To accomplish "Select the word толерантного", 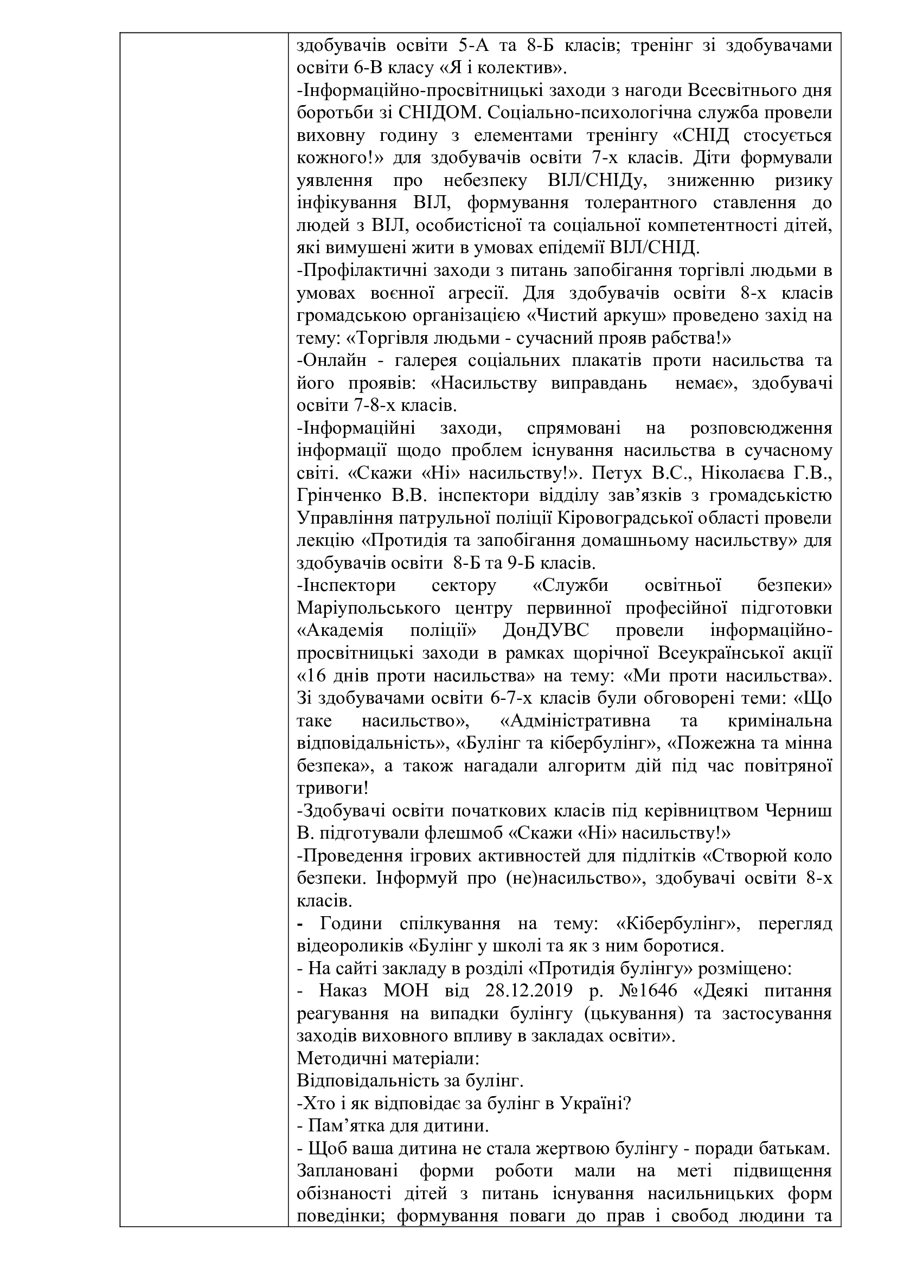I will click(639, 203).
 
